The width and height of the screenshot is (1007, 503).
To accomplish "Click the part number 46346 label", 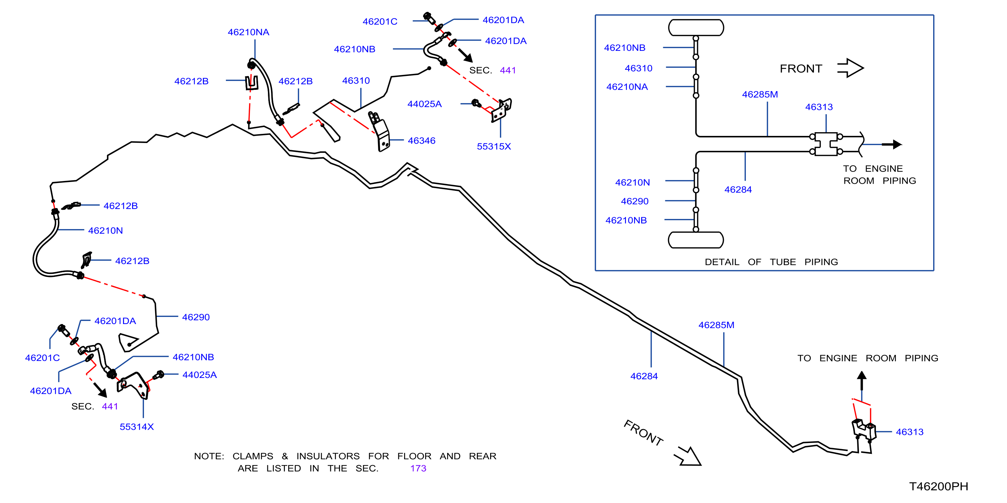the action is [421, 141].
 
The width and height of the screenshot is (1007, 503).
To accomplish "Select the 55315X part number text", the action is [494, 147].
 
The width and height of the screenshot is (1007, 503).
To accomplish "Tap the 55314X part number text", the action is [137, 427].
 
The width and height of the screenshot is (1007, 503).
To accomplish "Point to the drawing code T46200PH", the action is [939, 487].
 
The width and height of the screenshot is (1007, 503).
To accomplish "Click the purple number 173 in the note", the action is [418, 468].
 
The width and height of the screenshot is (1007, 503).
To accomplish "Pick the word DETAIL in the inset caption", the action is [722, 262].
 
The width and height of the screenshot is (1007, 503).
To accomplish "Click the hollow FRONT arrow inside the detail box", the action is [850, 68].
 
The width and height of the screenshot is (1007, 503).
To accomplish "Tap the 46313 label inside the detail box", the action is [819, 107].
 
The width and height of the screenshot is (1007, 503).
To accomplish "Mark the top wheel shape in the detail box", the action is [696, 28].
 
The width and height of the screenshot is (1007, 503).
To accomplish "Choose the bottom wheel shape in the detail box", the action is [696, 240].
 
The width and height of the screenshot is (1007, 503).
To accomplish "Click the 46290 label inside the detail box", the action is [635, 201].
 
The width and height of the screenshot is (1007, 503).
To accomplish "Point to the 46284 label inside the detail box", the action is [738, 190].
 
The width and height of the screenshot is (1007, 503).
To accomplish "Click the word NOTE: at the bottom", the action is [209, 457].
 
